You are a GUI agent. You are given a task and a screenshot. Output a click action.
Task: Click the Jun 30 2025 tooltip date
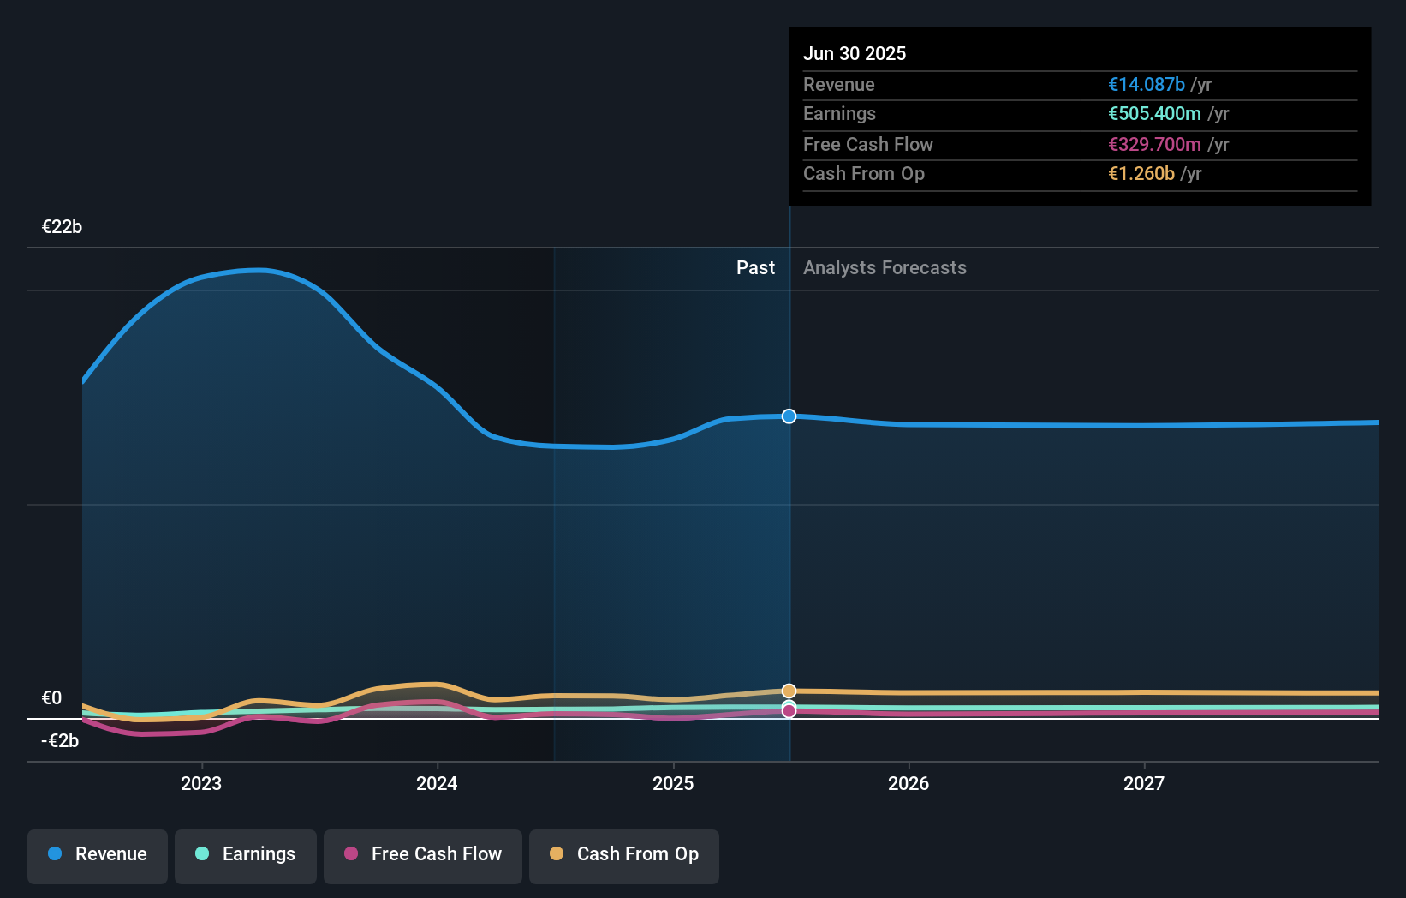[854, 53]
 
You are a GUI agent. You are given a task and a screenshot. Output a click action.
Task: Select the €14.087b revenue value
[1146, 84]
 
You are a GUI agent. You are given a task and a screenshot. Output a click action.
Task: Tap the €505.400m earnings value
[1153, 113]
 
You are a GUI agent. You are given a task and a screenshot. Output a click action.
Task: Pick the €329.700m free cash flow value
[1153, 144]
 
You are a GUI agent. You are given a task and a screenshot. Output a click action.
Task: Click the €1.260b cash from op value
[1141, 173]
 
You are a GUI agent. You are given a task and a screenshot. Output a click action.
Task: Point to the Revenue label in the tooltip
[838, 84]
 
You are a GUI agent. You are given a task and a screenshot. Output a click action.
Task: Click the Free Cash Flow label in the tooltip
[867, 144]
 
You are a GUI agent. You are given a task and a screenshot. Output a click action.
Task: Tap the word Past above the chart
[755, 267]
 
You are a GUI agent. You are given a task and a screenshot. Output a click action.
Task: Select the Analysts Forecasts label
[885, 267]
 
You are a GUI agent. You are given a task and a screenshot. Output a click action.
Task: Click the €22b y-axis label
[62, 226]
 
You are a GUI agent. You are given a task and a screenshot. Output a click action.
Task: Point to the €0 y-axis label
[51, 697]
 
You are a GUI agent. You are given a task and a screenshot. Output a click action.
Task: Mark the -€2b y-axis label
[60, 740]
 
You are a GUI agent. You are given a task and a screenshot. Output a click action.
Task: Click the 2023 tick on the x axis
[201, 783]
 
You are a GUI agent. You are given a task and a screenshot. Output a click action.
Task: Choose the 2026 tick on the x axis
[908, 783]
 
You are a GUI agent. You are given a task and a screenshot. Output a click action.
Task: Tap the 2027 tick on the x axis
[1143, 783]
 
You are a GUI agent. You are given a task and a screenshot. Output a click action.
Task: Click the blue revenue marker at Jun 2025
[789, 416]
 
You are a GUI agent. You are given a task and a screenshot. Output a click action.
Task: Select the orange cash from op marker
[789, 691]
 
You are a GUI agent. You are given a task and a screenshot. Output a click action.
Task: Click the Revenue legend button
[98, 854]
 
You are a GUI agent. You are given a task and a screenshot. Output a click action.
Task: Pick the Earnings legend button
[246, 854]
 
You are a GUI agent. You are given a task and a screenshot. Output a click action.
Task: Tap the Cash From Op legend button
[624, 854]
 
